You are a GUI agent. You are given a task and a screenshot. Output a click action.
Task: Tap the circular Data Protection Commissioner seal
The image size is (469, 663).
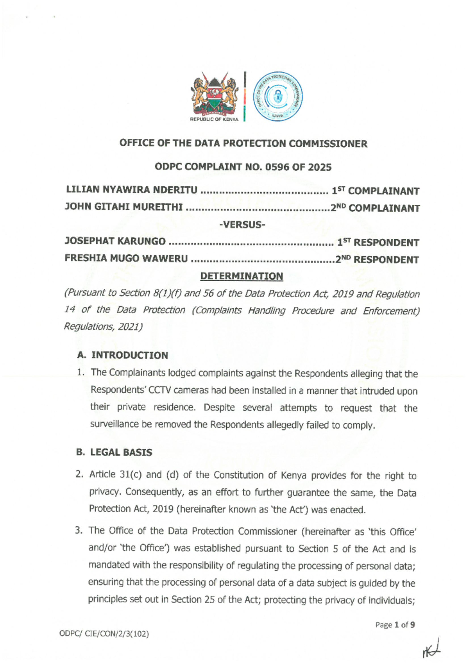[x=278, y=96]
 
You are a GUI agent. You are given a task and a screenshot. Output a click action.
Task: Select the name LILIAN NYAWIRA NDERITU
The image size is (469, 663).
[x=132, y=190]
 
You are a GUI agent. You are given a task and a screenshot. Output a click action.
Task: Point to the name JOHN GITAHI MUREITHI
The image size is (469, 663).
[x=124, y=207]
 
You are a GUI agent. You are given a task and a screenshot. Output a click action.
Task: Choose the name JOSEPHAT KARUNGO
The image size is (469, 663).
[x=115, y=241]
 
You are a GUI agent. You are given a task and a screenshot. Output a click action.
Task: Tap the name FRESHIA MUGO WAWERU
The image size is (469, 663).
[x=126, y=259]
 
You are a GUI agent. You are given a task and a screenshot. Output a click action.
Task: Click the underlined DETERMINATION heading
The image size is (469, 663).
[x=242, y=276]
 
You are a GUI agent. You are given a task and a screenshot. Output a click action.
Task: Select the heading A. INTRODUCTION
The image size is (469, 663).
[x=123, y=355]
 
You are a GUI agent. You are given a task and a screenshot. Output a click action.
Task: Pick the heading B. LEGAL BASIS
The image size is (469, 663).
[x=114, y=452]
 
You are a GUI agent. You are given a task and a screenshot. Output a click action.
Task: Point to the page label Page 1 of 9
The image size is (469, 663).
[x=395, y=625]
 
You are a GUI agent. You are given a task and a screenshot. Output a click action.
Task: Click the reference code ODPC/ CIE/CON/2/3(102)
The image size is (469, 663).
[x=104, y=634]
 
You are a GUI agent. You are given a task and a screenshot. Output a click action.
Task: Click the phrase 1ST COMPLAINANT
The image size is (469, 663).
[x=375, y=191]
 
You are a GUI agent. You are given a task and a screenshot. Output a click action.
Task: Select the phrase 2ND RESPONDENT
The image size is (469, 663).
[x=377, y=259]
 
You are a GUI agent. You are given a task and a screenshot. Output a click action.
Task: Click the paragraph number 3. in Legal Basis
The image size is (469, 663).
[x=79, y=531]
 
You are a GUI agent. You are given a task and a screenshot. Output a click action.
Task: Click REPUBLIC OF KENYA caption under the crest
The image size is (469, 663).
[x=214, y=119]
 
